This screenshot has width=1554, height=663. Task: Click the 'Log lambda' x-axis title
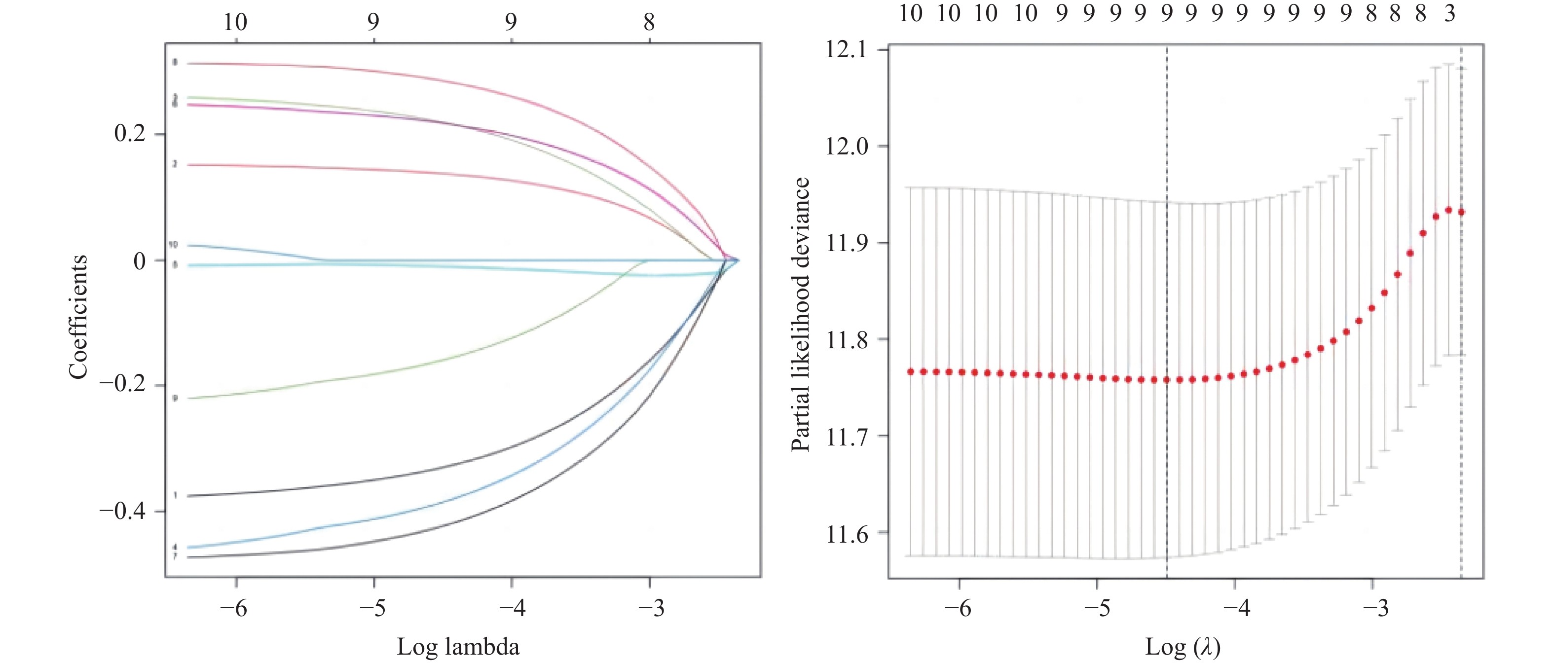(x=458, y=647)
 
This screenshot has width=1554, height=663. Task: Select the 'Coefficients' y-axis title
(x=78, y=317)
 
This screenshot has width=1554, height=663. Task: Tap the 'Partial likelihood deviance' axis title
(x=801, y=314)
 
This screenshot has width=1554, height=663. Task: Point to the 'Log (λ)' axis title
(x=1183, y=647)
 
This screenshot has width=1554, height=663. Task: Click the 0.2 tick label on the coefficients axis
(x=130, y=133)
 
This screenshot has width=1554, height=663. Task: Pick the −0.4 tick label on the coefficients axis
(x=122, y=511)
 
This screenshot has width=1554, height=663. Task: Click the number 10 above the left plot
(x=235, y=22)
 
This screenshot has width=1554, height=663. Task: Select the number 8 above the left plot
(x=649, y=22)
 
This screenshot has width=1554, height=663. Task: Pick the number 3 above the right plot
(x=1449, y=13)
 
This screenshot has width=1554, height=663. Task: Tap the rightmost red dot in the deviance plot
(x=1462, y=212)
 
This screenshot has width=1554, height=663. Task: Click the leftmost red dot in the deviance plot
(x=910, y=371)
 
